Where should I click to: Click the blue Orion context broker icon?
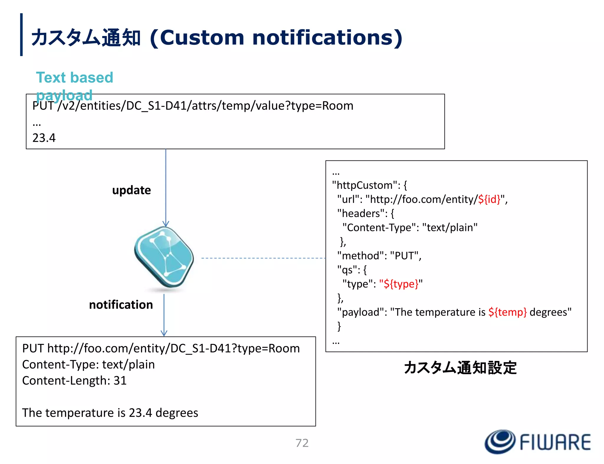coord(164,257)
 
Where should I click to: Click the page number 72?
coord(302,443)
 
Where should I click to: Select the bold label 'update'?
coord(132,190)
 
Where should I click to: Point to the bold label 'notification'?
coord(121,305)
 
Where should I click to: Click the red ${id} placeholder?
coord(489,199)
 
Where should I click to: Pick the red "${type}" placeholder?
coord(401,284)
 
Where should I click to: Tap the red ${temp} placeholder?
coord(507,312)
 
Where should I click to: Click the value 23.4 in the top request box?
coord(44,138)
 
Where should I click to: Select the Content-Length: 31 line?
coord(74,381)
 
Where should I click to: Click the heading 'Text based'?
coord(75,78)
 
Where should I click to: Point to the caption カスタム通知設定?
coord(460,368)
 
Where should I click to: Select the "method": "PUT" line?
coord(379,256)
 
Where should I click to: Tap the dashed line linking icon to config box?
coord(263,258)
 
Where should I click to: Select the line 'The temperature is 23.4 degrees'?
coord(110,413)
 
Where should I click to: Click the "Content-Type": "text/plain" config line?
coord(410,227)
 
